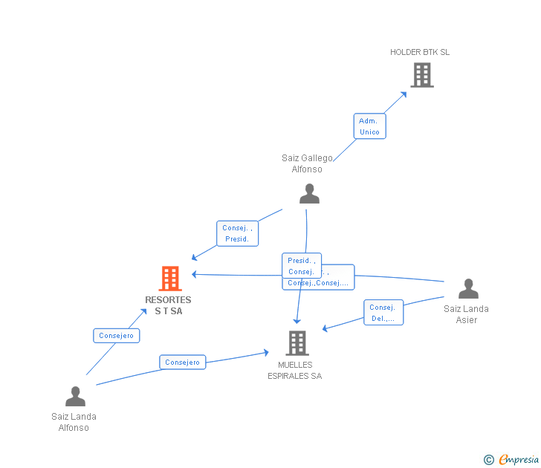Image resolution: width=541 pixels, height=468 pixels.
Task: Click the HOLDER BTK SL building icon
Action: coord(422,75)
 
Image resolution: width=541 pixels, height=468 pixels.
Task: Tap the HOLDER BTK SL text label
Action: coord(420,52)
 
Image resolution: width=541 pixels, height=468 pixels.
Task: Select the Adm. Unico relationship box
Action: coord(369,126)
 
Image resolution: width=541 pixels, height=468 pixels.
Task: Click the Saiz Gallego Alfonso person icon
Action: coord(309,194)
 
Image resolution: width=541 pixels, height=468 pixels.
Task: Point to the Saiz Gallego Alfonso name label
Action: coord(307,163)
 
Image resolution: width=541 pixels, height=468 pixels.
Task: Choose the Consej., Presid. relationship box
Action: coord(237,233)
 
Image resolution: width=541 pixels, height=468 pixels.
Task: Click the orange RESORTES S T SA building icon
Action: coord(170,279)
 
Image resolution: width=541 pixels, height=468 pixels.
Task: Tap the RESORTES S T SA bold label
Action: coord(168,305)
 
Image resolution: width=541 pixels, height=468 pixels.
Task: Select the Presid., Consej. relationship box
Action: coord(301,265)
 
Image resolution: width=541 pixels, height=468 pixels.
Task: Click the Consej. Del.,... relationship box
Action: coord(383,313)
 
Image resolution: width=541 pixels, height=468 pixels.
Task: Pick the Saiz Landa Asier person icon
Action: coord(468,289)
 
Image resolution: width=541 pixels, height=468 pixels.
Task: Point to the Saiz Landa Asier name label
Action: coord(466,314)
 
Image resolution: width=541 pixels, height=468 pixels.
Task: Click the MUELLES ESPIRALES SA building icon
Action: coord(297,343)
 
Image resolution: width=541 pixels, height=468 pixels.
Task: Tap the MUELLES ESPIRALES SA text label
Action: coord(295,370)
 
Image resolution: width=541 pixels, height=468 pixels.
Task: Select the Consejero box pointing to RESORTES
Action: coord(117,336)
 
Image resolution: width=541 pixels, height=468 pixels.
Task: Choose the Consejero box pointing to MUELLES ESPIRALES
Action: coord(182,363)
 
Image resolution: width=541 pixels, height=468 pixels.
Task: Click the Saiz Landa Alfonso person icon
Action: coord(75,397)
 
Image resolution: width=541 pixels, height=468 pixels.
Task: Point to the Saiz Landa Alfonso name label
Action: coord(74,422)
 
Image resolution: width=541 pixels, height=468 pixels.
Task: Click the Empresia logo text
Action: coord(518,460)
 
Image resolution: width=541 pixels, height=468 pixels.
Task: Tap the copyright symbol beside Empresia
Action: coord(489,461)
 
